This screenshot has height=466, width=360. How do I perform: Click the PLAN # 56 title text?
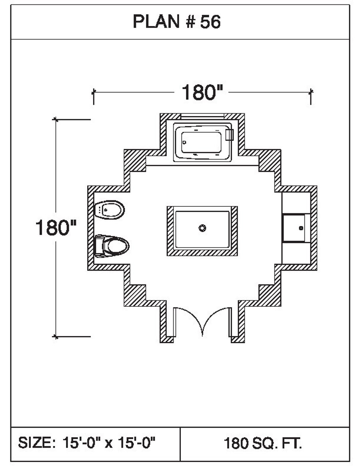pos(176,22)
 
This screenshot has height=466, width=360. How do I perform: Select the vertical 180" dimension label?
pos(56,228)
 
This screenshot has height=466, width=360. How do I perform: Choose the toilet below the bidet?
pos(112,246)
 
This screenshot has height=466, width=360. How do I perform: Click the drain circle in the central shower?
pos(202,228)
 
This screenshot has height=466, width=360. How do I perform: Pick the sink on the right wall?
pos(296,228)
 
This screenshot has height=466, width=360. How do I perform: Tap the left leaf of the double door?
pos(188,320)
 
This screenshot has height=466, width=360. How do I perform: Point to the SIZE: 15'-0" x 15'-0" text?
pos(87,443)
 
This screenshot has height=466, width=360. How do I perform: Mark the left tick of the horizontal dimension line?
pos(94,92)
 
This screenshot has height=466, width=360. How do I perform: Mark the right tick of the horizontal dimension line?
pos(311,92)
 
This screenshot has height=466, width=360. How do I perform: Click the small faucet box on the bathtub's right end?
pos(229,135)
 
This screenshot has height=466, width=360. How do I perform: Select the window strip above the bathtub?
pos(202,116)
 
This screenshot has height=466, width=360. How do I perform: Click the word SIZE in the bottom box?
pos(35,443)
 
